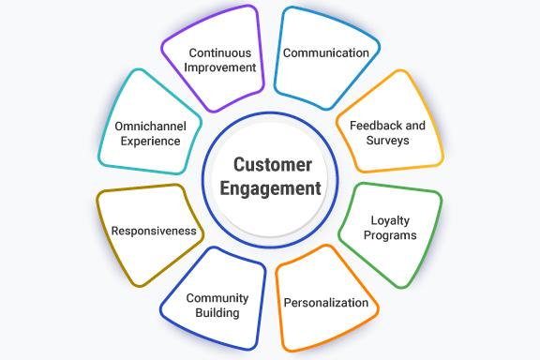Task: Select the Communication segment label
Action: coord(326,53)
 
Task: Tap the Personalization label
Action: coord(325,304)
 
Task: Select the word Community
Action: coord(217,298)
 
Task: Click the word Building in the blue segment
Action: coord(217,313)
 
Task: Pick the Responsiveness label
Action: coord(154,231)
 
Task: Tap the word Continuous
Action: coord(221,52)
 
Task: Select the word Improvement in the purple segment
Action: coord(221,67)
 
